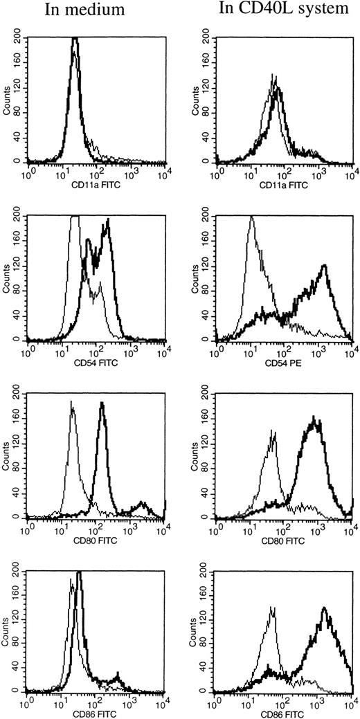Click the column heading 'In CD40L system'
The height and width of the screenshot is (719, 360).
(271, 10)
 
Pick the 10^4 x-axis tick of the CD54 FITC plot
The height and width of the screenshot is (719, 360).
(164, 352)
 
